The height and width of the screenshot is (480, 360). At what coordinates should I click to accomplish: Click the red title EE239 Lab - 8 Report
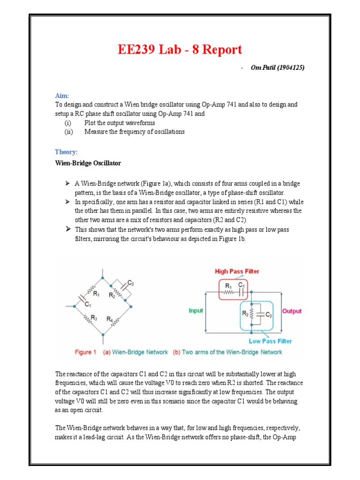click(x=180, y=50)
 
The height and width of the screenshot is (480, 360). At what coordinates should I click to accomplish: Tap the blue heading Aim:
click(x=61, y=95)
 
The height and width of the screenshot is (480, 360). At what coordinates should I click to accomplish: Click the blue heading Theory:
click(x=66, y=152)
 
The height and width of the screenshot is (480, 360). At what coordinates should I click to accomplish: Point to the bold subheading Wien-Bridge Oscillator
click(x=88, y=163)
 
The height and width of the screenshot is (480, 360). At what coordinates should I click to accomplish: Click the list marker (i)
click(x=68, y=123)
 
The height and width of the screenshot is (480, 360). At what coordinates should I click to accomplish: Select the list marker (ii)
click(x=69, y=132)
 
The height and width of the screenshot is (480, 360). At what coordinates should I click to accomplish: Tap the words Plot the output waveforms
click(x=120, y=123)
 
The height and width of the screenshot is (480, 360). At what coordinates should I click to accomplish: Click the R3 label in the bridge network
click(x=94, y=318)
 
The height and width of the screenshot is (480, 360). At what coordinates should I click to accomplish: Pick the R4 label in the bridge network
click(x=110, y=319)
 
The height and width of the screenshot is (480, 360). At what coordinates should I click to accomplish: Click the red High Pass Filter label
click(x=237, y=271)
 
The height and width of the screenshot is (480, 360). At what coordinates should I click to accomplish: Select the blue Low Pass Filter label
click(x=270, y=341)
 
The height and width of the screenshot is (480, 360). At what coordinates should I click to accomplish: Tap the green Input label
click(x=195, y=311)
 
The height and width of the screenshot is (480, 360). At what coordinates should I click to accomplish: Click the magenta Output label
click(x=292, y=311)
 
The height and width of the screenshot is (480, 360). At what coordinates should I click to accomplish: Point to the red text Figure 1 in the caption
click(x=85, y=352)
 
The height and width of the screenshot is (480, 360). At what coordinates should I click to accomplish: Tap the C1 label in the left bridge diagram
click(x=87, y=304)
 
